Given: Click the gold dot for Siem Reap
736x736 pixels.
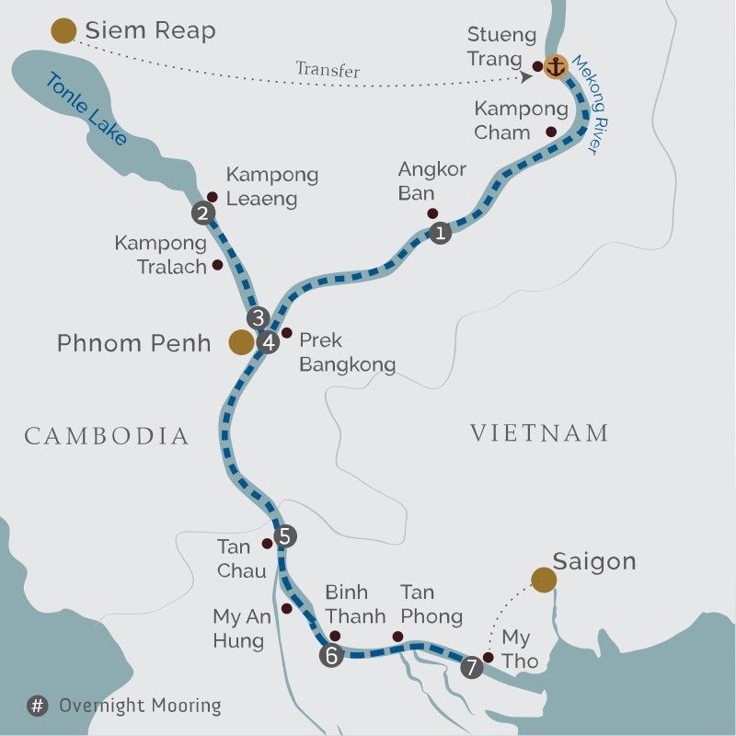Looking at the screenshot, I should click(x=63, y=31).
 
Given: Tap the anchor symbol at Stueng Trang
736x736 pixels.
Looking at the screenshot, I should click(x=555, y=66).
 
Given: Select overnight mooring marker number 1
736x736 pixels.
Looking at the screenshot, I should click(x=440, y=233).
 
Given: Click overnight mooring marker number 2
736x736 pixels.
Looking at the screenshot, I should click(x=202, y=214).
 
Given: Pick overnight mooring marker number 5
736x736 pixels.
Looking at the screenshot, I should click(x=285, y=536).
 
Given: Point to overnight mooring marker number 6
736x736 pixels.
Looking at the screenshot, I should click(x=330, y=655).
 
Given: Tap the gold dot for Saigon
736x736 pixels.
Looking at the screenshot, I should click(x=544, y=579).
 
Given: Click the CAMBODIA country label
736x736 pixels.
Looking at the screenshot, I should click(x=107, y=436).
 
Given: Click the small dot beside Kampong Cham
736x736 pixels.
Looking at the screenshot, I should click(x=551, y=132).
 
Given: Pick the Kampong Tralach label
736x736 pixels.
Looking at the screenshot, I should click(x=160, y=254).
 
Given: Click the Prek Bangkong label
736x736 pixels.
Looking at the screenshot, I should click(x=347, y=352).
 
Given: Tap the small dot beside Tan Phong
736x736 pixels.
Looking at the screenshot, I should click(x=397, y=636).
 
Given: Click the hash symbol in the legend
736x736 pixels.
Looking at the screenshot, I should click(x=38, y=707).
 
